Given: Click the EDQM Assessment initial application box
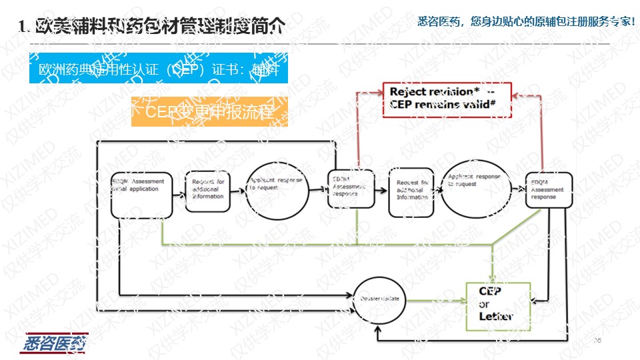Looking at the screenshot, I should point(142,195).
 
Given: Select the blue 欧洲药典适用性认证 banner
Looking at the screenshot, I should point(158,69).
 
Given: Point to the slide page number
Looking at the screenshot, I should point(597,341).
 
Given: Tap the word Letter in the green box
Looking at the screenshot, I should point(495,317).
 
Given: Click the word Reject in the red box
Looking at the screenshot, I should point(407,91).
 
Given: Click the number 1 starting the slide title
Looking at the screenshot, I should point(23,27).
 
